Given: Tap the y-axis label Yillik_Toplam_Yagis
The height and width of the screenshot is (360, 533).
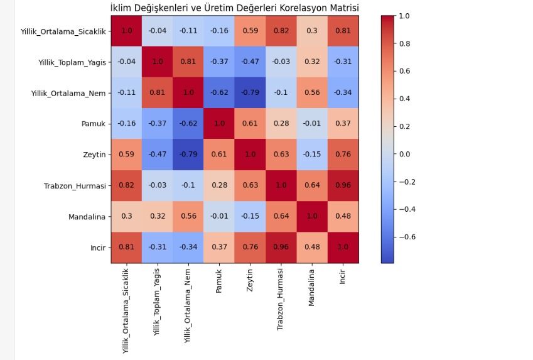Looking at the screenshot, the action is (72, 63).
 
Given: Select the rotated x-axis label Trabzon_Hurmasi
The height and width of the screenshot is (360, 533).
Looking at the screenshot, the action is (280, 300).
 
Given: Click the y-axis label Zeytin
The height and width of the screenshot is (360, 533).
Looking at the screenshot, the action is (94, 155).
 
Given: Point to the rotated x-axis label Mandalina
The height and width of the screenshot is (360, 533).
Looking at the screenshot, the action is (311, 288).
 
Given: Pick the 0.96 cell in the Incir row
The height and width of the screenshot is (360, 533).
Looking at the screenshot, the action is (281, 248).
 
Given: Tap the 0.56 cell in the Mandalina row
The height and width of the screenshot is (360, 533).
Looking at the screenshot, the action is (188, 216).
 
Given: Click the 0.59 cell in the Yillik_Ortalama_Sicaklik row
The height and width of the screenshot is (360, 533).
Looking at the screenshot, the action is (250, 31).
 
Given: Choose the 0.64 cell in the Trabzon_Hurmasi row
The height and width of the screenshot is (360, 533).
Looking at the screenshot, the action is (312, 185).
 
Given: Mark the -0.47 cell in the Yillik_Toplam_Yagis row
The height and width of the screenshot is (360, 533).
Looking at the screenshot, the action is (250, 62).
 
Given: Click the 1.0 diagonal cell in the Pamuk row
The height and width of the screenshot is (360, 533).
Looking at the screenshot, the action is (219, 124).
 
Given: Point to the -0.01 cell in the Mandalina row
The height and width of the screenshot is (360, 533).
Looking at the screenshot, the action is (219, 216).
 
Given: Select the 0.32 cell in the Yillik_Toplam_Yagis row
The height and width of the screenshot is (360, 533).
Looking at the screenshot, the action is (312, 62).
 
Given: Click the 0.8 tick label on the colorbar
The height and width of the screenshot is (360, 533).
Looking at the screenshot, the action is (404, 43).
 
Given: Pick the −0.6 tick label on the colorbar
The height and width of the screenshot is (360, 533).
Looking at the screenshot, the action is (407, 237).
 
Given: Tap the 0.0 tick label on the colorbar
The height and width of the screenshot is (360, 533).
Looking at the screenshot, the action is (404, 154).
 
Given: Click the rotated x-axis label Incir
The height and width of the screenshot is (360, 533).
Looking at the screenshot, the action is (342, 276).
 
